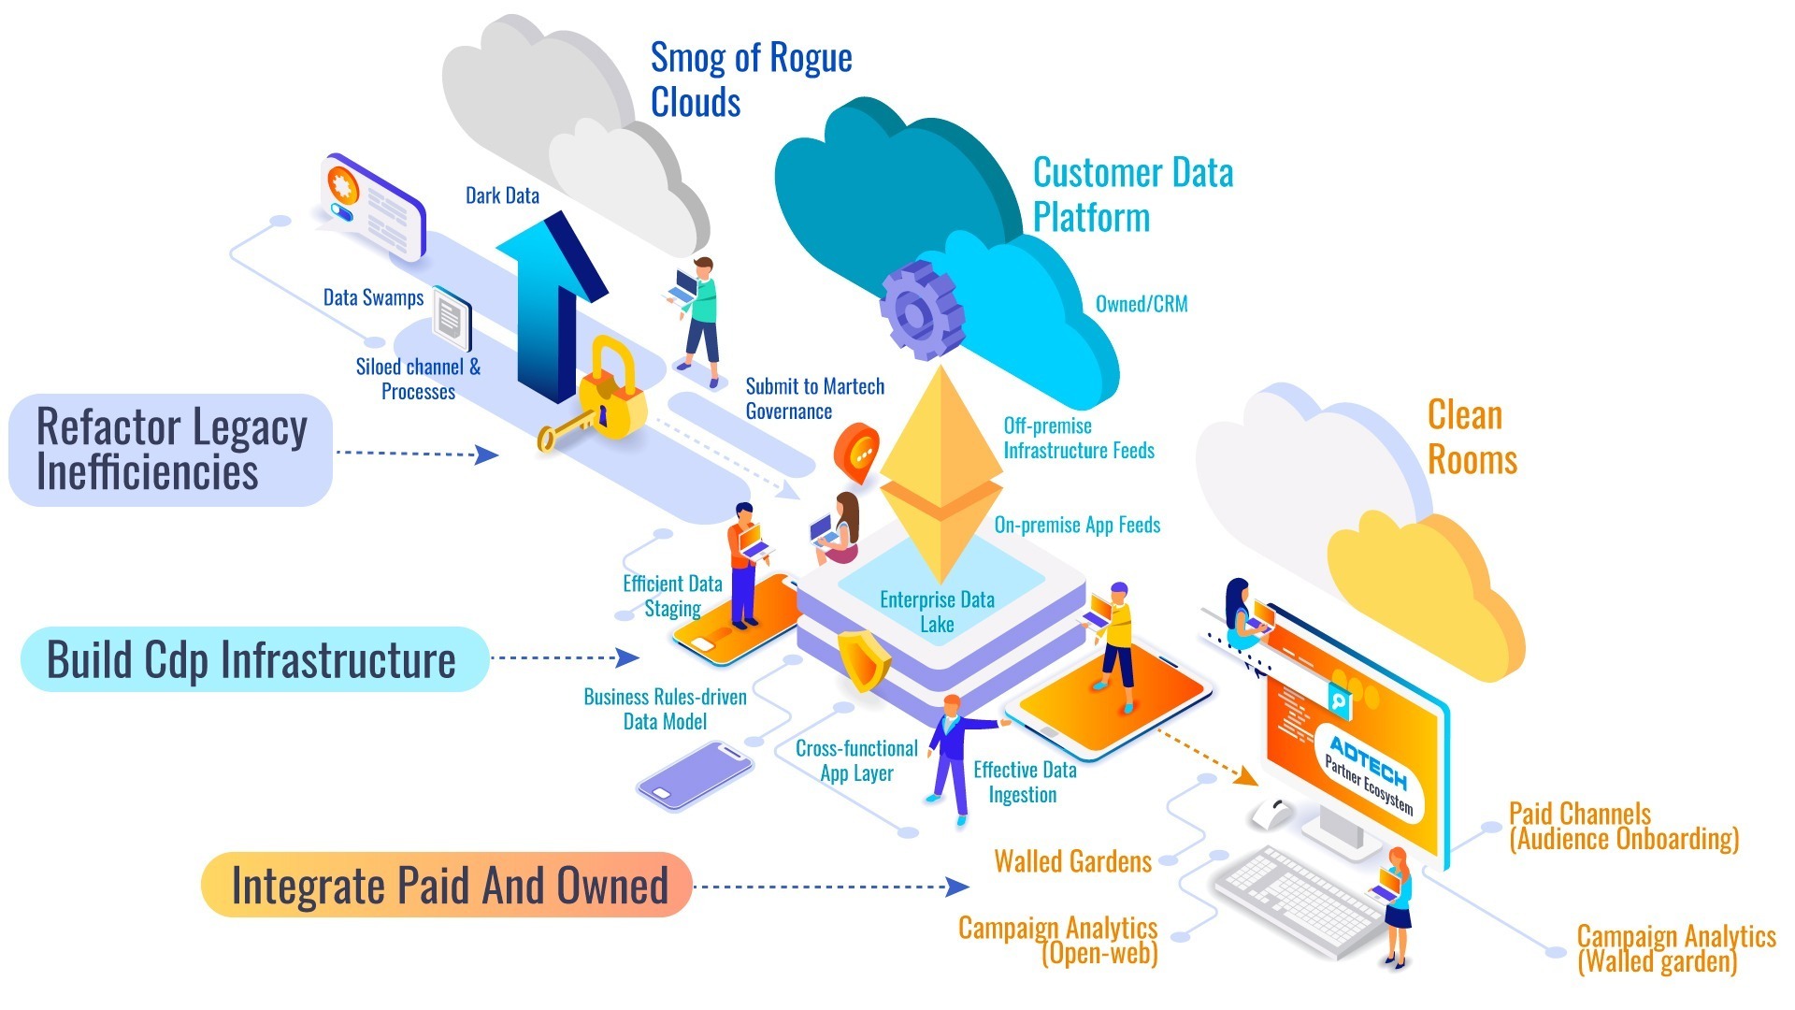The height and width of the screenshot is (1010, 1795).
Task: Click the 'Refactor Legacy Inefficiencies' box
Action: tap(171, 450)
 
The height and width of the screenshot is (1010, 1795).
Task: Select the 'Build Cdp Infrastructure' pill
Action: tap(253, 659)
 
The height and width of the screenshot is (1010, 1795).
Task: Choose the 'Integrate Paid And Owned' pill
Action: tap(447, 885)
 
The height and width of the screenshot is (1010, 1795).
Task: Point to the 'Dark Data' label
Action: tap(502, 195)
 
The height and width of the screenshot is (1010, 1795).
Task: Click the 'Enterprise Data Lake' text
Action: tap(937, 611)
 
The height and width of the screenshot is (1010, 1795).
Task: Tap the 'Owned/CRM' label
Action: tap(1141, 304)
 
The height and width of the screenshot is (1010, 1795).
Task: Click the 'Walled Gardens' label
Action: tap(1072, 860)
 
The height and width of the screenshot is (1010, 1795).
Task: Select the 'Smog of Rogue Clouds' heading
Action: tap(750, 79)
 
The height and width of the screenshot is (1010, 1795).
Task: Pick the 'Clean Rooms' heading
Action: tap(1471, 437)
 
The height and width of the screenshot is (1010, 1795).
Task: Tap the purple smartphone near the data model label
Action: tap(695, 775)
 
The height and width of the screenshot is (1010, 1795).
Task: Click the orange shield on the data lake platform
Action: tap(863, 660)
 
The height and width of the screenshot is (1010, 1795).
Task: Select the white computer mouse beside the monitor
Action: tap(1271, 813)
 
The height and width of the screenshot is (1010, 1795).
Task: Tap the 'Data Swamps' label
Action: tap(373, 297)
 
